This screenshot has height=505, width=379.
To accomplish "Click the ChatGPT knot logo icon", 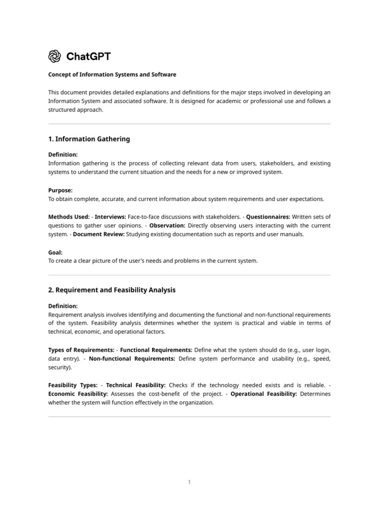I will tap(54, 56).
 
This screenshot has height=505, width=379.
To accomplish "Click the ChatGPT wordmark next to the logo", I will tap(88, 56).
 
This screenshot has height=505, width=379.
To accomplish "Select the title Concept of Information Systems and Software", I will tap(112, 74).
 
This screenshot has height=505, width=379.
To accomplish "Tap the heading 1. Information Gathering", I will tap(89, 139).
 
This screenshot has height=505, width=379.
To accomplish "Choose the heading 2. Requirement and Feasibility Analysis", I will tap(112, 290).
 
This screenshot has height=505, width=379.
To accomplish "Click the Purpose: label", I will tap(60, 190).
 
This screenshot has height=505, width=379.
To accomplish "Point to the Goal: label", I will tap(55, 252).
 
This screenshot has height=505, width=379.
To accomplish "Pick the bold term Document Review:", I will tap(99, 234).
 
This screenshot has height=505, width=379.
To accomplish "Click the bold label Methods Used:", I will tap(69, 216).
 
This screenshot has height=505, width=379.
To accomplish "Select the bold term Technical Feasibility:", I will tap(136, 385).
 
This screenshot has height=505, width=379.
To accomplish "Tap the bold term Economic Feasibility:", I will tap(78, 394).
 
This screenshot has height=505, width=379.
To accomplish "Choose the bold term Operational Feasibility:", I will tap(264, 394).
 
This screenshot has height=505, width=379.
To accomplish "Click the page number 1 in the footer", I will tap(189, 482).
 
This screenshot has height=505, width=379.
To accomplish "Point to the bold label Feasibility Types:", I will tap(73, 385).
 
